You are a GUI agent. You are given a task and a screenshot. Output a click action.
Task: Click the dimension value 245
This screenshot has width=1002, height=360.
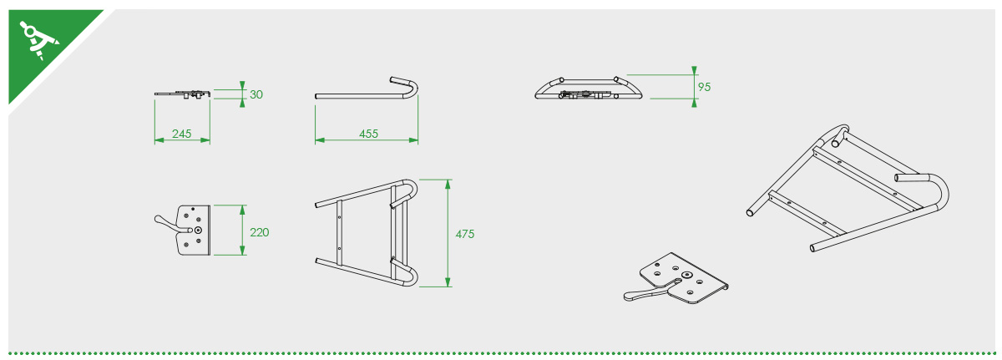[182, 134]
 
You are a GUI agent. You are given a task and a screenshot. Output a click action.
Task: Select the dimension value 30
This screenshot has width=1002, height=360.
[256, 94]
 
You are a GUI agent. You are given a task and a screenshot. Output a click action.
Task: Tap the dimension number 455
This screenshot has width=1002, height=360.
[368, 134]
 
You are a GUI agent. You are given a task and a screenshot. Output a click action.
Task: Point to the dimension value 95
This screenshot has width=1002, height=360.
[704, 87]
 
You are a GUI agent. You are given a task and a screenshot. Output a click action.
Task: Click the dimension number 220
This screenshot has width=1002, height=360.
[260, 232]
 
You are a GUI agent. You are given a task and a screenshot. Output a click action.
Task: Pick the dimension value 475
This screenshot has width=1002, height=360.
[465, 234]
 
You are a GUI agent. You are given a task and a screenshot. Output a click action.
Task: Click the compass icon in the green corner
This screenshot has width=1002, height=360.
[39, 40]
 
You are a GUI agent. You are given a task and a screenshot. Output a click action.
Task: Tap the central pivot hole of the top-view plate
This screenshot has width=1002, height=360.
[198, 230]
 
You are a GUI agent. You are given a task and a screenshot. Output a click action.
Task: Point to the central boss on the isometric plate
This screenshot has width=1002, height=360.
[686, 275]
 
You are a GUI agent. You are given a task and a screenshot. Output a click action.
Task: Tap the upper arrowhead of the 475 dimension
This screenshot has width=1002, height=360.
[448, 185]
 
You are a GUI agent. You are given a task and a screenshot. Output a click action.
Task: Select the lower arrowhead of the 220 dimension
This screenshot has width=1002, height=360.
[242, 251]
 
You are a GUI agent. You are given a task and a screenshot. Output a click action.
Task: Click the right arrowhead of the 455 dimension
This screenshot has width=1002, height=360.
[413, 140]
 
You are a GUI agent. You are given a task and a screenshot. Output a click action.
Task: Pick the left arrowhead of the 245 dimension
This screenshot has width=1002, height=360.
[159, 140]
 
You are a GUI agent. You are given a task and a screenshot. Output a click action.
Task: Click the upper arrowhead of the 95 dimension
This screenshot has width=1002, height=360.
[694, 71]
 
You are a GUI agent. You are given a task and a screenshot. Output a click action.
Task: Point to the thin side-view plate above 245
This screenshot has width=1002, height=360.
[183, 94]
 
